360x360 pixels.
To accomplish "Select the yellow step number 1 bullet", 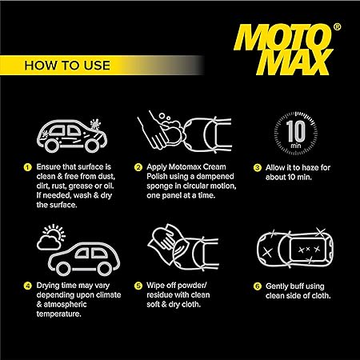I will (26, 167).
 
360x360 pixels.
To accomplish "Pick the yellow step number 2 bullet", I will (138, 167).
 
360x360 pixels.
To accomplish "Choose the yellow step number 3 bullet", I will (258, 167).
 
